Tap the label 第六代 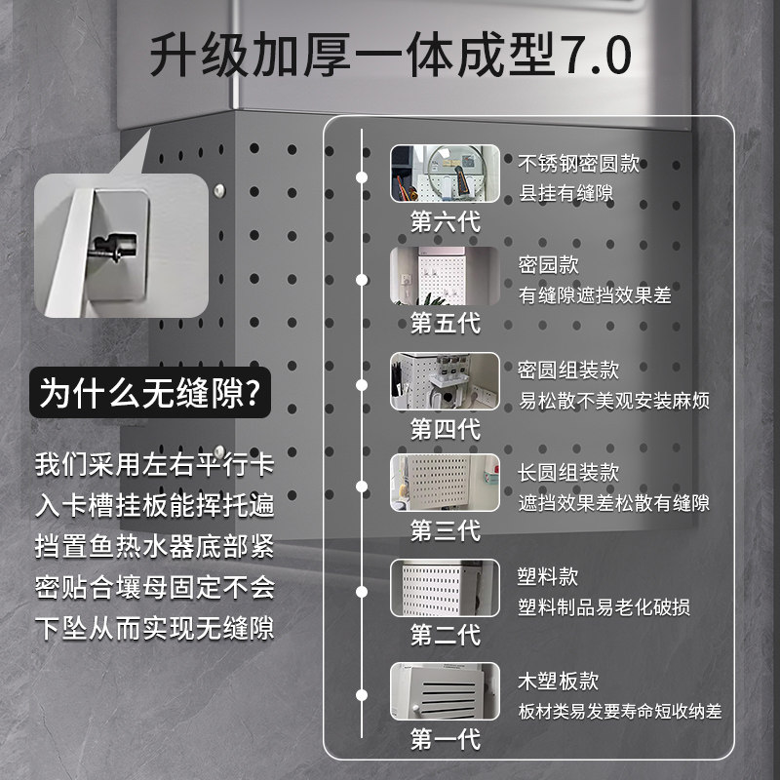[x=445, y=220]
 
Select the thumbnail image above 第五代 [x=445, y=277]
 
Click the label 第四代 [x=445, y=427]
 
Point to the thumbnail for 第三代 [x=445, y=483]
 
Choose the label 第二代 [x=445, y=635]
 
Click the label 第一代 [x=445, y=738]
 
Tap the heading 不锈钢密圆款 [x=579, y=163]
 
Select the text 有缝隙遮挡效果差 [x=595, y=294]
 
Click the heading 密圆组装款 [x=568, y=370]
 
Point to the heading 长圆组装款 [x=568, y=473]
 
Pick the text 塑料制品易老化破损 [x=604, y=606]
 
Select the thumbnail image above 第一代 [x=445, y=691]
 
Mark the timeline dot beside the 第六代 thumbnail [x=362, y=176]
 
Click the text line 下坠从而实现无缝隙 [x=154, y=628]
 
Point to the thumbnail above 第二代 [x=445, y=587]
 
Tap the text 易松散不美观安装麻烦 [x=614, y=401]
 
